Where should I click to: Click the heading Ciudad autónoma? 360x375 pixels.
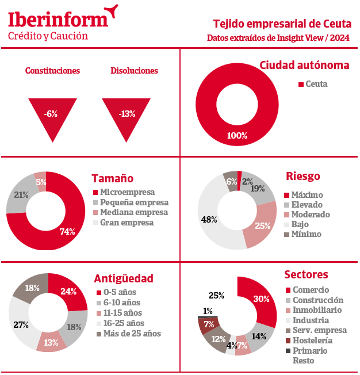coord(304,65)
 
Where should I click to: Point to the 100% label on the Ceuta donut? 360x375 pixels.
coord(237,136)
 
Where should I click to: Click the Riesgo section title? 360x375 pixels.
coord(302,176)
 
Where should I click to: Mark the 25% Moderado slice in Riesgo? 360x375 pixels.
coord(262,225)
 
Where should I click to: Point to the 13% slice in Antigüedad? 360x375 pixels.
coord(52,343)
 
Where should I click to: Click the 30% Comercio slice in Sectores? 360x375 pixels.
coord(262,299)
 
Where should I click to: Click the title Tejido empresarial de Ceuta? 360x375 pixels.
coord(281,24)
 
